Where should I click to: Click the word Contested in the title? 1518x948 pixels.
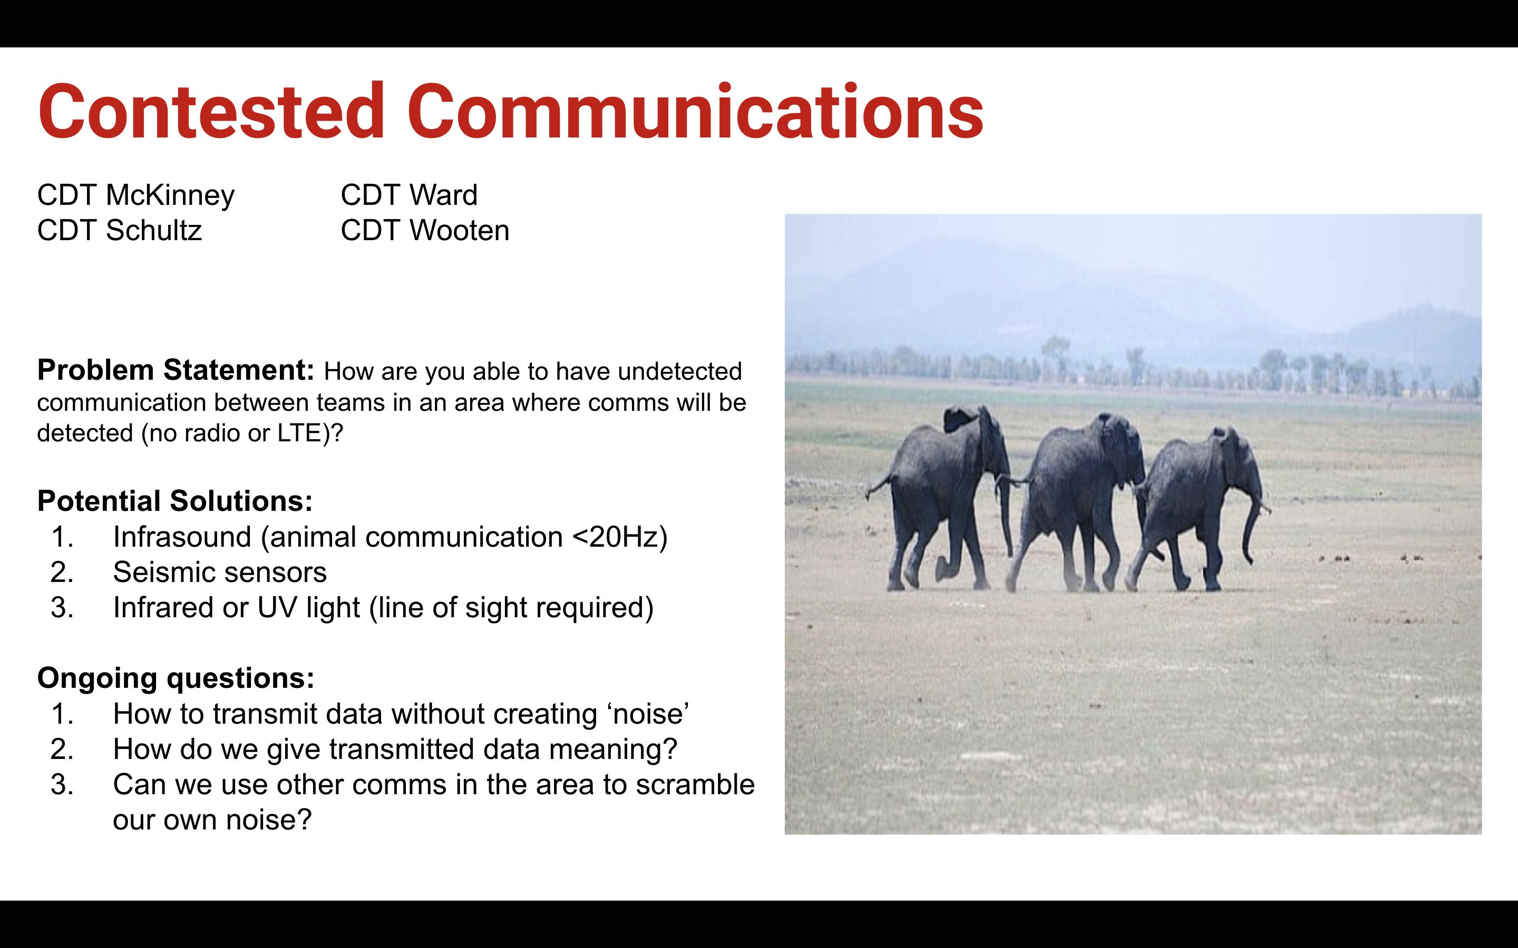point(211,111)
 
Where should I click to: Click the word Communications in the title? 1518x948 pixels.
point(696,111)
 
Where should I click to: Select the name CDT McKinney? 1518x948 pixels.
point(136,195)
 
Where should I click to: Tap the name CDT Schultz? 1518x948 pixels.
point(120,230)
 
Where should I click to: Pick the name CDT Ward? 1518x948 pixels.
point(409,194)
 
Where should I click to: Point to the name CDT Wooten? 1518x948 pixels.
point(425,230)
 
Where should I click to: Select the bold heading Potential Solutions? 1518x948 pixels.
point(175,500)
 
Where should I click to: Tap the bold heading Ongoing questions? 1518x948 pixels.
point(176,678)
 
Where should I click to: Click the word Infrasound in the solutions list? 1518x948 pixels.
point(182,537)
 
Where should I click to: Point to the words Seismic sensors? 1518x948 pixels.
point(220,572)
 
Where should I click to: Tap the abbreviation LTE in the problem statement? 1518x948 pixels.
point(300,433)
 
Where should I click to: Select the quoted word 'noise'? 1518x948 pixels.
point(648,714)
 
